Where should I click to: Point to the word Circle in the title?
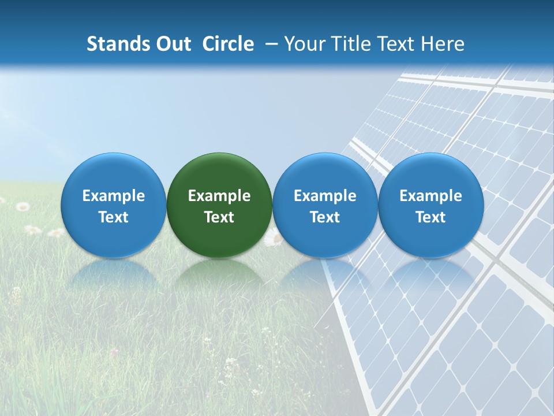point(228,44)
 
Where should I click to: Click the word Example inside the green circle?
point(219,196)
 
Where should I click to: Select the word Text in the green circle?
point(219,217)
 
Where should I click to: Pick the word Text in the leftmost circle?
point(114,217)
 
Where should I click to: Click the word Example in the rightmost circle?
point(431,196)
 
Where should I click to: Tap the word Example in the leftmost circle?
point(114,196)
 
